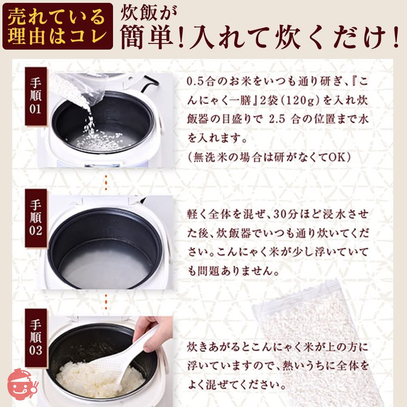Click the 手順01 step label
pyautogui.click(x=35, y=96)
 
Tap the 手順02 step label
pyautogui.click(x=35, y=218)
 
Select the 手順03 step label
pyautogui.click(x=35, y=338)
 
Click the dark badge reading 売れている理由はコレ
pyautogui.click(x=58, y=26)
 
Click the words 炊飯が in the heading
pyautogui.click(x=149, y=13)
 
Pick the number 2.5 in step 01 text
pyautogui.click(x=277, y=120)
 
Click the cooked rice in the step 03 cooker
pyautogui.click(x=100, y=375)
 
